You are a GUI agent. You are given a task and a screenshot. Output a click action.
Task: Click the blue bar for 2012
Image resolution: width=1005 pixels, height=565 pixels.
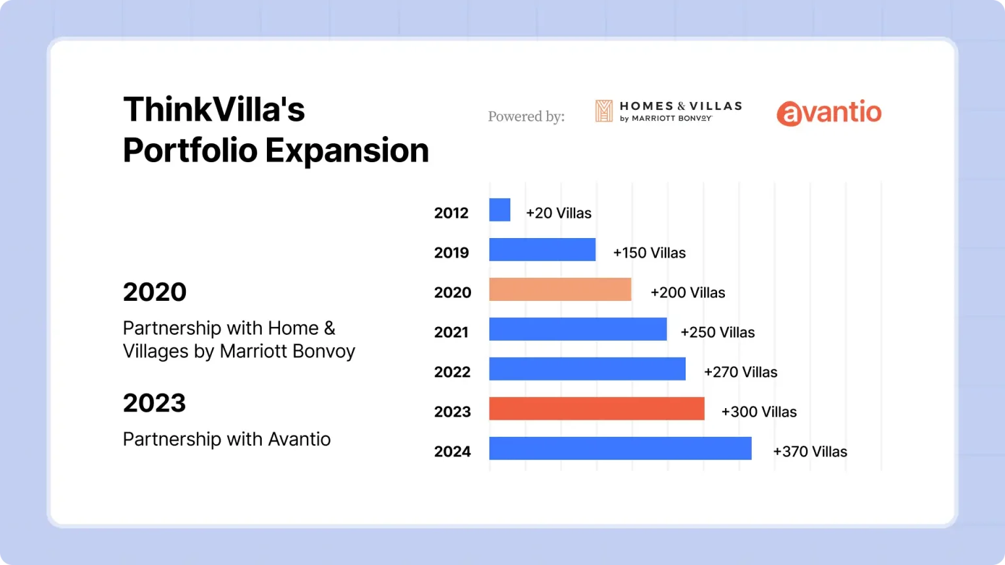point(499,209)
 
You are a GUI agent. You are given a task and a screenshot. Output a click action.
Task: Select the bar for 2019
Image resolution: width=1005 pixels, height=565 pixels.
point(542,249)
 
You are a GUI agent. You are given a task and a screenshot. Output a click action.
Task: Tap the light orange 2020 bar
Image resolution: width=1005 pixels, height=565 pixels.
point(560,289)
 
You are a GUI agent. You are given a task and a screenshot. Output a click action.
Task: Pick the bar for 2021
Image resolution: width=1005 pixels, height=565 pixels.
point(578,329)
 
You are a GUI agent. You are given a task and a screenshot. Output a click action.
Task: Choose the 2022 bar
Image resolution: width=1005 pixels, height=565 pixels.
point(588,369)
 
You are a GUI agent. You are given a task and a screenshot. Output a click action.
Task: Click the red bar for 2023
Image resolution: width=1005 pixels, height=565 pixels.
point(597,409)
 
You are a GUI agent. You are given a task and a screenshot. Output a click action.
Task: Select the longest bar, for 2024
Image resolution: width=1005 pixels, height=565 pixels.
point(620,449)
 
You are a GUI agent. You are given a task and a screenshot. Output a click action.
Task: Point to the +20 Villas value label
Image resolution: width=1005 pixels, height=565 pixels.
point(559,213)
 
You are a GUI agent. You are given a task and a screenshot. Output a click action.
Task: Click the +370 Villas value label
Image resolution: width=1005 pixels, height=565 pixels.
point(810,452)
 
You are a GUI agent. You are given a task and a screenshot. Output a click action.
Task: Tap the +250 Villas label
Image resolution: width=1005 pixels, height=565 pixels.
point(717,332)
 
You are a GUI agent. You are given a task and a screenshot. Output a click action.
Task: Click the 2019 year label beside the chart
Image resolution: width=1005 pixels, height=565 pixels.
point(451,253)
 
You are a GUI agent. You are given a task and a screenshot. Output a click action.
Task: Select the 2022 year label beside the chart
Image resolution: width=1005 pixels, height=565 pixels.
point(452,372)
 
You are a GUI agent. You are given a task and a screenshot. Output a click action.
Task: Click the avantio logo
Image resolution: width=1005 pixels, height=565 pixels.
point(829,112)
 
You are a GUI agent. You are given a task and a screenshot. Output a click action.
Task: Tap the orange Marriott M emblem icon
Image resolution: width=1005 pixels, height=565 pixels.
point(603,111)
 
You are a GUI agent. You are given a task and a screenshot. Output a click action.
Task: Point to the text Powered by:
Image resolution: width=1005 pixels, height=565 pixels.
point(526,116)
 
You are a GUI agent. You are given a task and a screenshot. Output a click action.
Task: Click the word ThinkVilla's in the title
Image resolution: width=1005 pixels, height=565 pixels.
point(214,109)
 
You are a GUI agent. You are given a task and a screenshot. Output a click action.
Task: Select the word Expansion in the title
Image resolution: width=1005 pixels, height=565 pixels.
point(347,150)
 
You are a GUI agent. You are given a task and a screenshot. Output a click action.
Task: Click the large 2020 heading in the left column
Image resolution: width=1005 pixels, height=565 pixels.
point(155,292)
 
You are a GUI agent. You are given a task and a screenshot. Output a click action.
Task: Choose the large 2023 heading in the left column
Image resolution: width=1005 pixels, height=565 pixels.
point(154,403)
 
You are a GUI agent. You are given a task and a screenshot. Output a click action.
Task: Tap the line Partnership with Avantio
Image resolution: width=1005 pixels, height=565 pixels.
point(226,439)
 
